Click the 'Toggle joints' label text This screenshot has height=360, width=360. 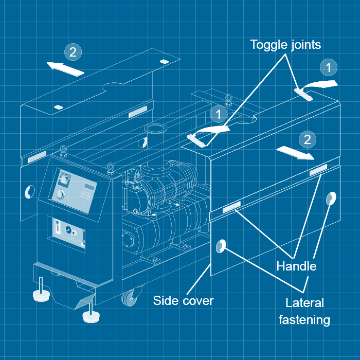coord(285,45)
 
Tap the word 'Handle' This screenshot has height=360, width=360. coord(296,266)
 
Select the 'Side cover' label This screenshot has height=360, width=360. coord(183,300)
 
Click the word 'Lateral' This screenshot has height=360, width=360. coord(304,302)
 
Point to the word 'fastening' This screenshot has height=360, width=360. coord(304,319)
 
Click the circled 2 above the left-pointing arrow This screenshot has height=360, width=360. coord(73,51)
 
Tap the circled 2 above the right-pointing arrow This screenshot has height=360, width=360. coord(307,139)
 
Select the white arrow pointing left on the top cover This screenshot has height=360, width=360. coord(65,68)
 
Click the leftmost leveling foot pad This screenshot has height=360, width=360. coord(41,295)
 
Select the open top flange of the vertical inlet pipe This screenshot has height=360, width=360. coord(153,128)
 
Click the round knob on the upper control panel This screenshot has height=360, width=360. coord(61,194)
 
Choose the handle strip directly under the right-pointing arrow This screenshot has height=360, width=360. coord(318,169)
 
